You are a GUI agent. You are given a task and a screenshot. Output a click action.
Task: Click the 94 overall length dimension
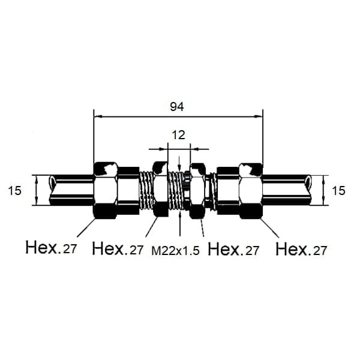pyautogui.click(x=177, y=107)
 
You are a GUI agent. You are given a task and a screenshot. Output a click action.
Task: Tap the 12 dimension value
pyautogui.click(x=178, y=135)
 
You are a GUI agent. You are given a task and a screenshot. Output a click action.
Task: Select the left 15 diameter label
pyautogui.click(x=14, y=191)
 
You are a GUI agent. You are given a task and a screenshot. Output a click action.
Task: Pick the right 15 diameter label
pyautogui.click(x=338, y=191)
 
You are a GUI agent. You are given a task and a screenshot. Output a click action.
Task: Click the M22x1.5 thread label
pyautogui.click(x=175, y=251)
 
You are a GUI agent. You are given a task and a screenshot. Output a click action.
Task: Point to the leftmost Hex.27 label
pyautogui.click(x=51, y=247)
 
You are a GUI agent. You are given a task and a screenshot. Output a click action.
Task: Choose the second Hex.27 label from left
pyautogui.click(x=118, y=248)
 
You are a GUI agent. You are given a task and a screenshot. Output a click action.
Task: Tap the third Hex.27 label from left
pyautogui.click(x=233, y=248)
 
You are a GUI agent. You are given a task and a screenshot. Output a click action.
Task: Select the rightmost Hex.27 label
pyautogui.click(x=301, y=248)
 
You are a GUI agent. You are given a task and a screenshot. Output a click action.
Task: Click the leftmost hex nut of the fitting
pyautogui.click(x=106, y=190)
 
